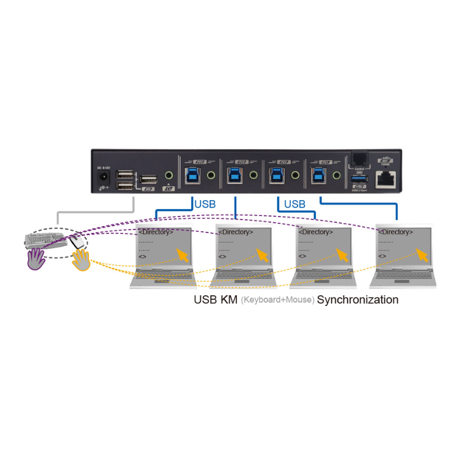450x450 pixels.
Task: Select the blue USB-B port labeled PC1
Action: (x=316, y=174)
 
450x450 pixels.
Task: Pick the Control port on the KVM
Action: (x=359, y=158)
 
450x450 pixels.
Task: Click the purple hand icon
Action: (x=37, y=260)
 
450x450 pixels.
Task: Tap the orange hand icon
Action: (x=81, y=260)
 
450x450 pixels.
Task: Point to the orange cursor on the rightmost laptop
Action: (x=420, y=254)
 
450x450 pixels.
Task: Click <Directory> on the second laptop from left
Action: (x=236, y=232)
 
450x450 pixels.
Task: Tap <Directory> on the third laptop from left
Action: (x=316, y=232)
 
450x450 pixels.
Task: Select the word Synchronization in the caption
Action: (x=358, y=300)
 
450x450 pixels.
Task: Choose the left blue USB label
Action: (x=204, y=204)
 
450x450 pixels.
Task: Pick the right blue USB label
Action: (x=294, y=204)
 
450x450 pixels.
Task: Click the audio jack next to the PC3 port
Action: (x=253, y=175)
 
